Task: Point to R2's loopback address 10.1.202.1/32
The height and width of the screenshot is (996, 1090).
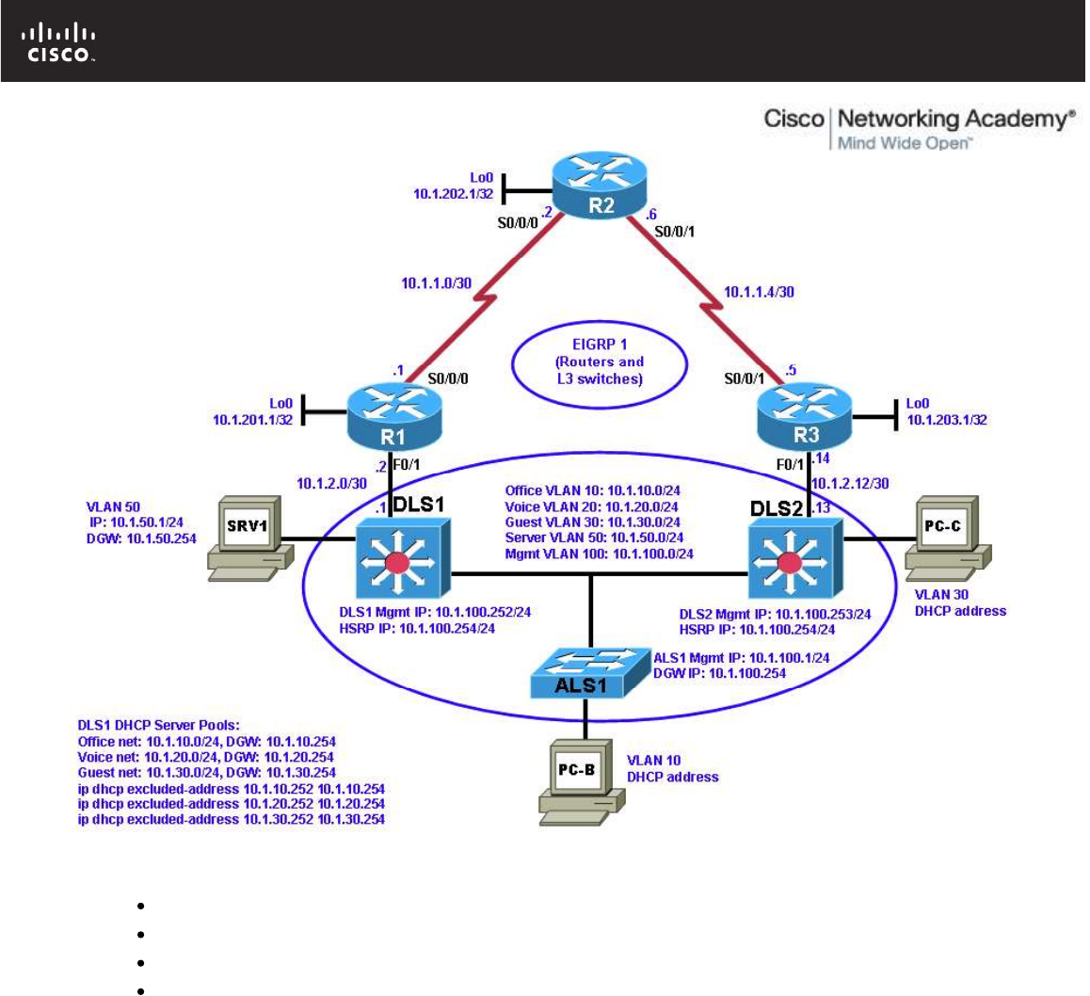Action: tap(454, 193)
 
